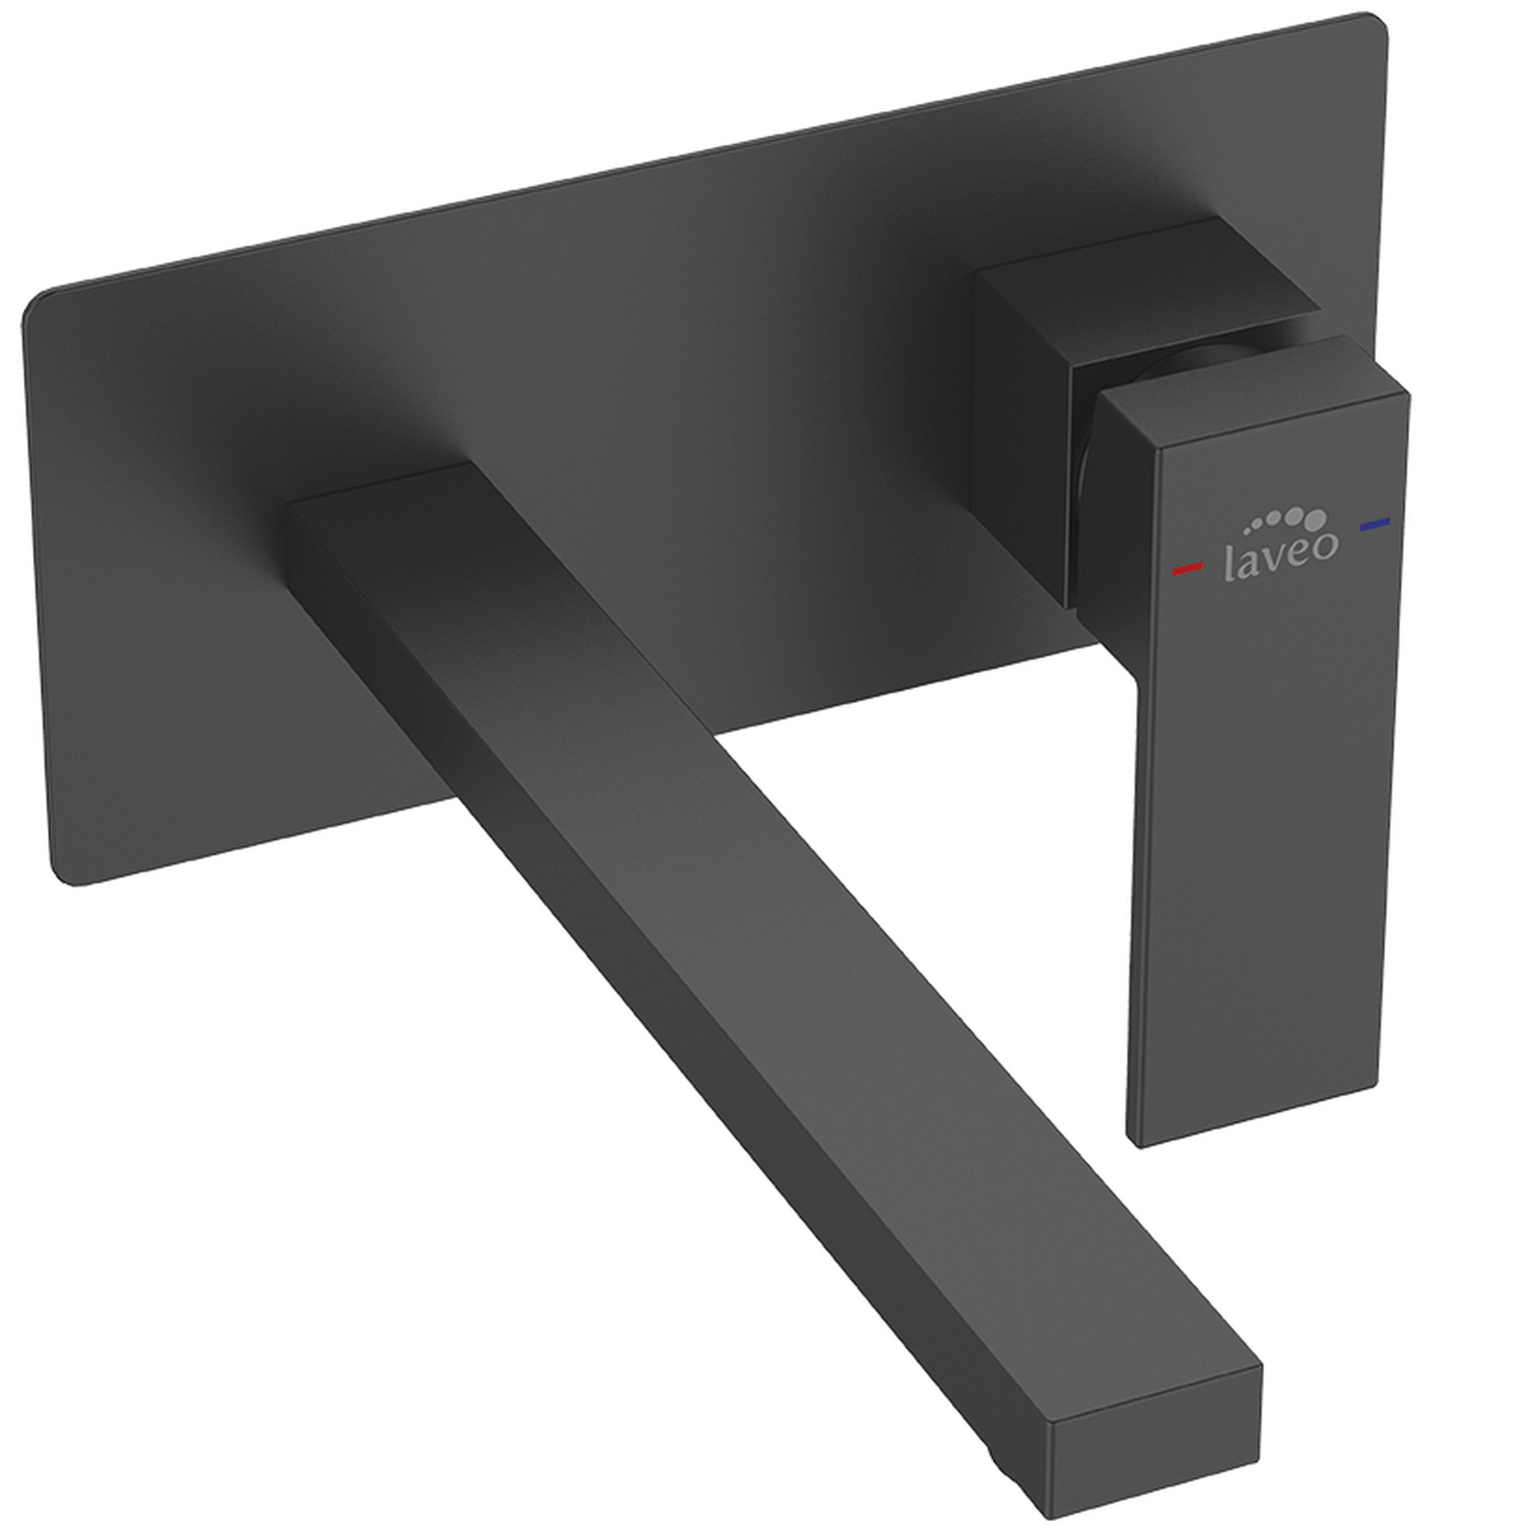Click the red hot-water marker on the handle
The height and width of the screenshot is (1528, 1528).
click(1187, 567)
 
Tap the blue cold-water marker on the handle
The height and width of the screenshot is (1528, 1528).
click(1375, 523)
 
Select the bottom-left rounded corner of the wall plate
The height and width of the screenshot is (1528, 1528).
click(67, 874)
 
